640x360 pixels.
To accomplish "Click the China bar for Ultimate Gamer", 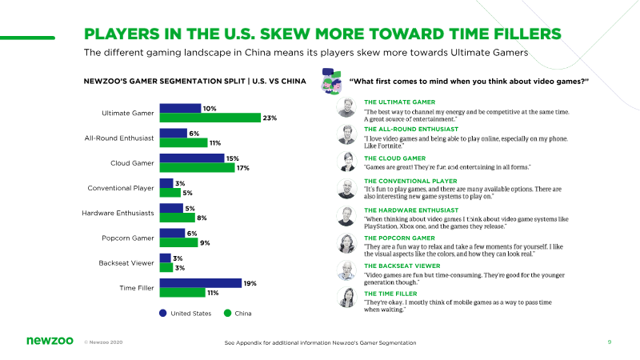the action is (x=210, y=118).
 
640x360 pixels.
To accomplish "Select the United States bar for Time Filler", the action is (x=201, y=283).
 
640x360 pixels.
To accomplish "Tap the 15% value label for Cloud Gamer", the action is (x=233, y=158).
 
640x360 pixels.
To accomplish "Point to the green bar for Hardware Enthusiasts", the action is (x=177, y=218).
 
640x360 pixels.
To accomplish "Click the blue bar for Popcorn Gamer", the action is (x=172, y=233).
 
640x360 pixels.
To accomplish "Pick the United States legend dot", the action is (x=163, y=313).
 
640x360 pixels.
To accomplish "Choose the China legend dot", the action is (x=227, y=313).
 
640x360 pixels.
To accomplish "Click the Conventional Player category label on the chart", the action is (x=121, y=188).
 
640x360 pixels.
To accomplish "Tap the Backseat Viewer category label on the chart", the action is (x=126, y=263).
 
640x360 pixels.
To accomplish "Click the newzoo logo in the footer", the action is (x=50, y=341).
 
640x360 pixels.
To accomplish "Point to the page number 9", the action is (x=610, y=342).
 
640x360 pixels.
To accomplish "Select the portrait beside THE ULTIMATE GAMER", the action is (x=346, y=107).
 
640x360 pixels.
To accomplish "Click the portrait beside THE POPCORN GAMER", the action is (x=346, y=244).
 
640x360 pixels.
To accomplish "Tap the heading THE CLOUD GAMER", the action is (x=394, y=158).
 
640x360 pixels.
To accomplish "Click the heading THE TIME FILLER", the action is (x=390, y=294).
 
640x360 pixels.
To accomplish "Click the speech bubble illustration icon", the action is (x=331, y=82).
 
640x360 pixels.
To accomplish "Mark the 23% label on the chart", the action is (x=270, y=118).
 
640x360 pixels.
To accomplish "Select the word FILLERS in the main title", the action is (x=527, y=34).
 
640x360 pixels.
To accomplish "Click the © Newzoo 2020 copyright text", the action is (x=103, y=342).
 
